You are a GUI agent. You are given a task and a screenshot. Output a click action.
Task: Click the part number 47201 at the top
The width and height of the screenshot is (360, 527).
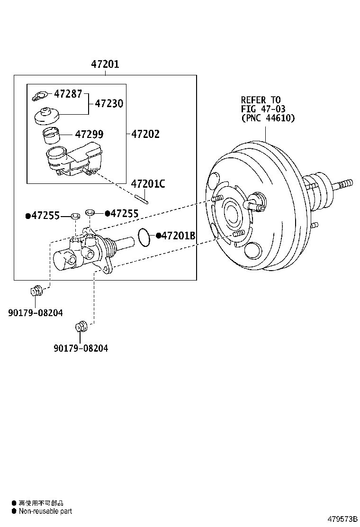pos(105,64)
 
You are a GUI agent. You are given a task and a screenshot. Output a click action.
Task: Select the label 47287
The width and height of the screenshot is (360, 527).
pos(68,93)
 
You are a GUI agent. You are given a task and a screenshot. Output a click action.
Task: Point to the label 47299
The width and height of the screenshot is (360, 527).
pos(89,135)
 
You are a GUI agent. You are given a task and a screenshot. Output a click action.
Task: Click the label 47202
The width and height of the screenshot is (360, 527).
pos(145,134)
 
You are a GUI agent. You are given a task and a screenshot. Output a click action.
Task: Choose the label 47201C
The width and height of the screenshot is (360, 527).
pos(148,183)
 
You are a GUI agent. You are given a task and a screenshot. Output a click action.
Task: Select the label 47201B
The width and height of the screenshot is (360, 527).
pos(178,236)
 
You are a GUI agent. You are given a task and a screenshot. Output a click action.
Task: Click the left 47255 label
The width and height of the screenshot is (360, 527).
pos(45,216)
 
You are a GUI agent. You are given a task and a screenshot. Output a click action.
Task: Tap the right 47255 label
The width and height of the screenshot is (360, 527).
pos(124,214)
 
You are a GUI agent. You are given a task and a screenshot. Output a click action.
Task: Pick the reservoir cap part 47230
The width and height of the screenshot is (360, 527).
pos(46,115)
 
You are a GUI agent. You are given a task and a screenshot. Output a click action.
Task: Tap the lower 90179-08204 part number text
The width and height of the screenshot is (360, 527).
pos(80,348)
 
